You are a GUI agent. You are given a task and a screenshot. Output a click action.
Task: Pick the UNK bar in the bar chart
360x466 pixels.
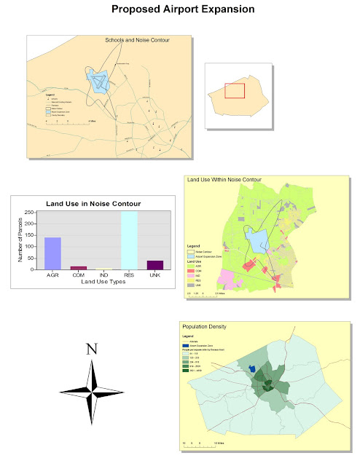tap(155, 264)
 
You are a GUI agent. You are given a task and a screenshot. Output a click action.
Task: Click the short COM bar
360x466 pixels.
tap(78, 268)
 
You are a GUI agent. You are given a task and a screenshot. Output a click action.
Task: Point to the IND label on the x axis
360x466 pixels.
tap(104, 275)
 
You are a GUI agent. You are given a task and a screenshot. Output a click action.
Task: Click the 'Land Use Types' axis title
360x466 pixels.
tap(103, 282)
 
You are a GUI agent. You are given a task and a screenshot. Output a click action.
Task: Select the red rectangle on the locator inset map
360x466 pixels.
tap(234, 90)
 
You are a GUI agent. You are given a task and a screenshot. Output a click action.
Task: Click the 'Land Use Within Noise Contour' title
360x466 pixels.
tap(224, 179)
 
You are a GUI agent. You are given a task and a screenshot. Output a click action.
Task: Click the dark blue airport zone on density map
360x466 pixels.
tap(252, 369)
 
